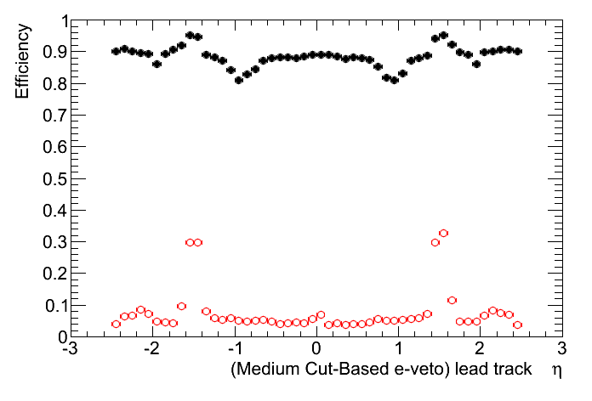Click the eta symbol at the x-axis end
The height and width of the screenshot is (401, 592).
point(556,370)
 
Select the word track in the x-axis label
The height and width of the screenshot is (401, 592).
point(510,370)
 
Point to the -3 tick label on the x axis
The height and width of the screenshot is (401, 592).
point(68,350)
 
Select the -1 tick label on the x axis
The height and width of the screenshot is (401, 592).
point(232,350)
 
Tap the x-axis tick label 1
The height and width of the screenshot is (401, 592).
point(399,350)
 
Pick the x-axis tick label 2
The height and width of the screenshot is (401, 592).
point(481,350)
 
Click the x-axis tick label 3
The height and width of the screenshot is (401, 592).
point(562,350)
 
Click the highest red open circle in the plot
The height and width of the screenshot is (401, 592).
point(443,233)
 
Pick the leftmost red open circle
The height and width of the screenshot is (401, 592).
point(116,324)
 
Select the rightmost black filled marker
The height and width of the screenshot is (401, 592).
point(517,51)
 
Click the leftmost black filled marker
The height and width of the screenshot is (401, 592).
point(116,51)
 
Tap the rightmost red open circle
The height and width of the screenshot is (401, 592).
point(517,325)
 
